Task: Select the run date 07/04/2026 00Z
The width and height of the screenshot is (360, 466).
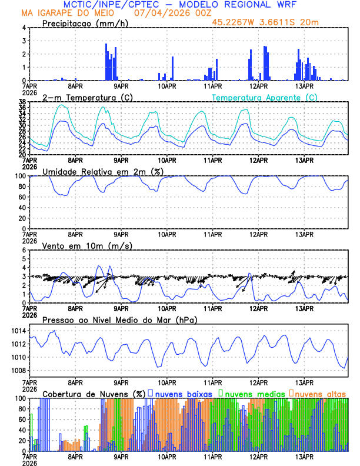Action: tap(171, 13)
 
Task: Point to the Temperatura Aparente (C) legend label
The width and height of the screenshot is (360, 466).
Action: tap(264, 97)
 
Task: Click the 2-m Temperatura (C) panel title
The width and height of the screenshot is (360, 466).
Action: tap(88, 97)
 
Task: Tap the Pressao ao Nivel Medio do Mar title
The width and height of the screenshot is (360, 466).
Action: tap(120, 319)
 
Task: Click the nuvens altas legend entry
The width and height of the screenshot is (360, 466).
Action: tap(319, 393)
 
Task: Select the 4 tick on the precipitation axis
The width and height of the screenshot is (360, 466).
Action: tap(24, 28)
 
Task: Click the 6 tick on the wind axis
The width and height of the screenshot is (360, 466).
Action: tap(24, 250)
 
